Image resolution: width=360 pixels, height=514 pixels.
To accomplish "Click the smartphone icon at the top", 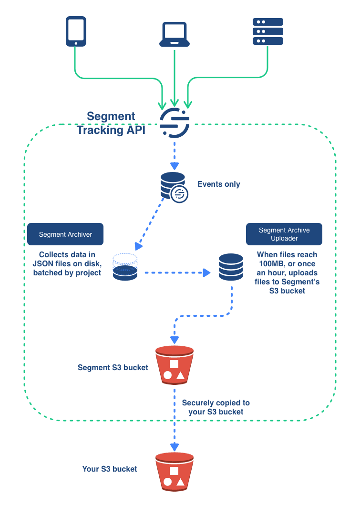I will click(75, 31).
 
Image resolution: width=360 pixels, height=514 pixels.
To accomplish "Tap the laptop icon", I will click(175, 34).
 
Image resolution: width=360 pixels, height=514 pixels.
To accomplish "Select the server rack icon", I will click(267, 31).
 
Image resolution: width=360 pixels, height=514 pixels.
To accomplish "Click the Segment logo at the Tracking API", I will click(175, 123).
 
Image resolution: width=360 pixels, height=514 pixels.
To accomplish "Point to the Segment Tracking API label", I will click(112, 123).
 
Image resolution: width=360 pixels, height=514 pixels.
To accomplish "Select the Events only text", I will click(219, 184).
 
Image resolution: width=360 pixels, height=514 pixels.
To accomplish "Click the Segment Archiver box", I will click(65, 234).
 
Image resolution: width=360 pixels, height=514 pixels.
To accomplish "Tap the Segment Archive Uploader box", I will click(284, 234).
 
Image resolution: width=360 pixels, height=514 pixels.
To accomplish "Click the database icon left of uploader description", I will click(231, 267).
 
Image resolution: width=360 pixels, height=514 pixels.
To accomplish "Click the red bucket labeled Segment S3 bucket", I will click(175, 365).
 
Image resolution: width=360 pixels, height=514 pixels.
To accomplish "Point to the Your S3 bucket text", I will click(110, 469).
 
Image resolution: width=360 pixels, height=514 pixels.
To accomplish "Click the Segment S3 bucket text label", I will click(113, 368).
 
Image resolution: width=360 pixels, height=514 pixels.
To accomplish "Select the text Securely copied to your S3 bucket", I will click(216, 407).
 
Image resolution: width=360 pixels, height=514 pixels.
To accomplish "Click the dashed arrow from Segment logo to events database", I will click(175, 154).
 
